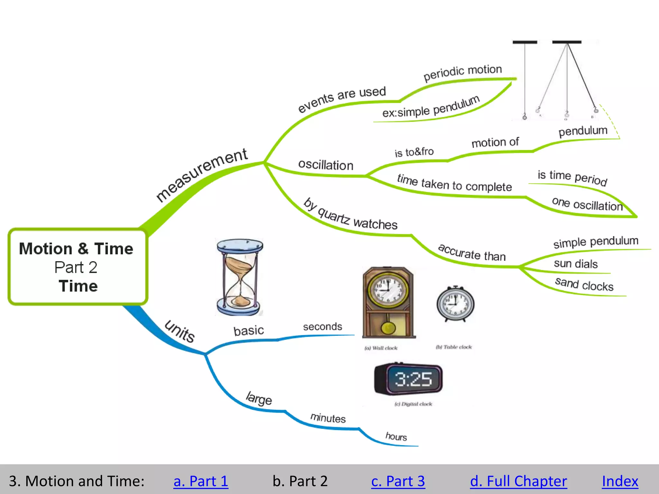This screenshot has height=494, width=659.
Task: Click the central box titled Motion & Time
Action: [77, 267]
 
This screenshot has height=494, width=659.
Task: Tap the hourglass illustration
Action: [240, 277]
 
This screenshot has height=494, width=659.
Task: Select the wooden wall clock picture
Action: [388, 302]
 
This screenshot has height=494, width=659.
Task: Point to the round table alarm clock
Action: [455, 304]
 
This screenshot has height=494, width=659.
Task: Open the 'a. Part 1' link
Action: [200, 481]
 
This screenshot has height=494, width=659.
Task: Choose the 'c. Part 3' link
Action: [398, 481]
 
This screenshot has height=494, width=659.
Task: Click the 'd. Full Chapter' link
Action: [518, 481]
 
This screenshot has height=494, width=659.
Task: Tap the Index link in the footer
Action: [620, 481]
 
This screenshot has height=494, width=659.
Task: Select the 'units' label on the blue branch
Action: [180, 331]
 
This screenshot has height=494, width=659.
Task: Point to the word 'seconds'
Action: [322, 327]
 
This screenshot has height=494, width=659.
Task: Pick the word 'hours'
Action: [396, 436]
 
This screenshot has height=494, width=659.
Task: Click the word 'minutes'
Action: [328, 418]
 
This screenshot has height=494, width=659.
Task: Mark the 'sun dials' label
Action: [576, 264]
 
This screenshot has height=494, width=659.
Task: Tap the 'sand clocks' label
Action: [584, 284]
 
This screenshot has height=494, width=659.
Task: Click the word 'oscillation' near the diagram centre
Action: [326, 165]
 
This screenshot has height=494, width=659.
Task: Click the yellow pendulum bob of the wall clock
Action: [388, 328]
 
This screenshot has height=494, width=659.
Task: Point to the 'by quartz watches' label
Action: [350, 215]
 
